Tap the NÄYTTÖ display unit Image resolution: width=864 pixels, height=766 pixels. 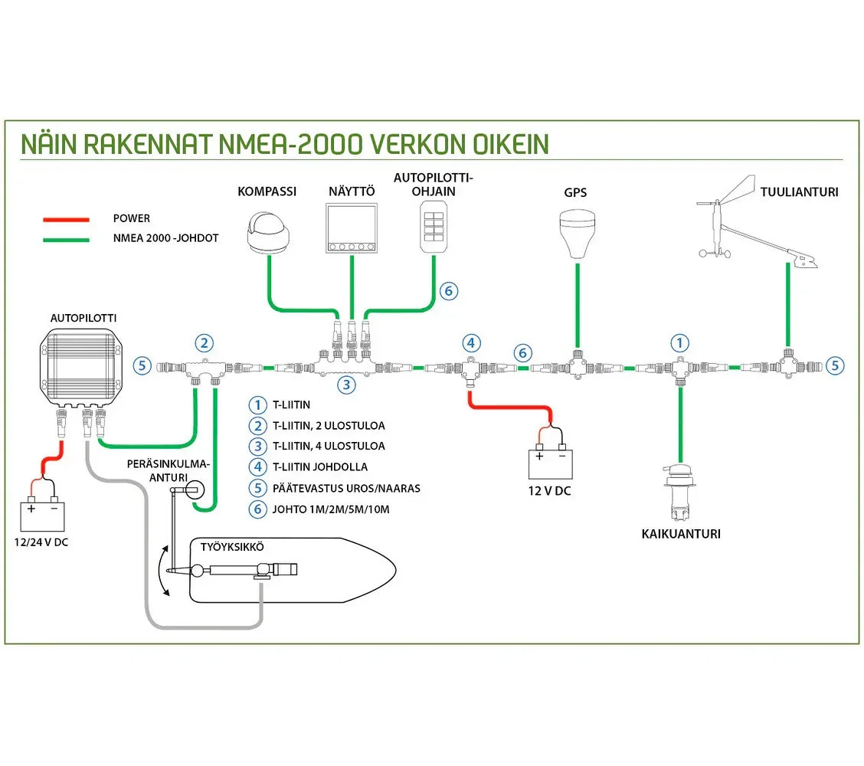351,228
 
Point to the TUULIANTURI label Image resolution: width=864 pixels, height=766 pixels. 799,192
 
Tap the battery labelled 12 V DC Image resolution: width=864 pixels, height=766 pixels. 549,463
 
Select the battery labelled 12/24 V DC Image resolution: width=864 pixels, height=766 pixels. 43,516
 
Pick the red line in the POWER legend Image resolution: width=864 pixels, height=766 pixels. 67,219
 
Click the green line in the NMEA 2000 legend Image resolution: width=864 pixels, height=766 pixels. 67,238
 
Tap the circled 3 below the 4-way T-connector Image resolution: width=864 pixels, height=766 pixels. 348,385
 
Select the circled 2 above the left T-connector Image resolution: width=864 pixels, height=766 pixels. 203,343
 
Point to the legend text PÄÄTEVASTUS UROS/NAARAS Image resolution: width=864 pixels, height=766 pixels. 346,488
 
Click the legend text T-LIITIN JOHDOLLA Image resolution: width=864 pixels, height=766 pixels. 320,466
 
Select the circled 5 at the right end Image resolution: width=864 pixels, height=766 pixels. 836,365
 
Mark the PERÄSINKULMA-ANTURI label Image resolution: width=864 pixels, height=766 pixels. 168,470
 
